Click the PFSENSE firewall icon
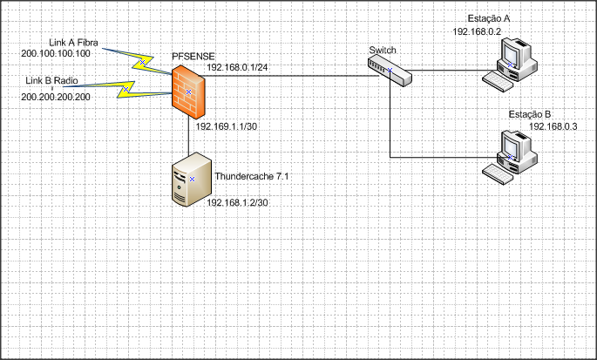pyautogui.click(x=189, y=91)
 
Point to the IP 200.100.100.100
pyautogui.click(x=55, y=53)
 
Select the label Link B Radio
pyautogui.click(x=51, y=80)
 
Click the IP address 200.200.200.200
pyautogui.click(x=56, y=96)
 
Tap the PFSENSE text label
pyautogui.click(x=193, y=58)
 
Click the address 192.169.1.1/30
pyautogui.click(x=226, y=127)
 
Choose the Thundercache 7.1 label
pyautogui.click(x=251, y=177)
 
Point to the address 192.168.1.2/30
pyautogui.click(x=236, y=202)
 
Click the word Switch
pyautogui.click(x=382, y=51)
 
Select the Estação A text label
pyautogui.click(x=488, y=17)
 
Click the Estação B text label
pyautogui.click(x=530, y=114)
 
